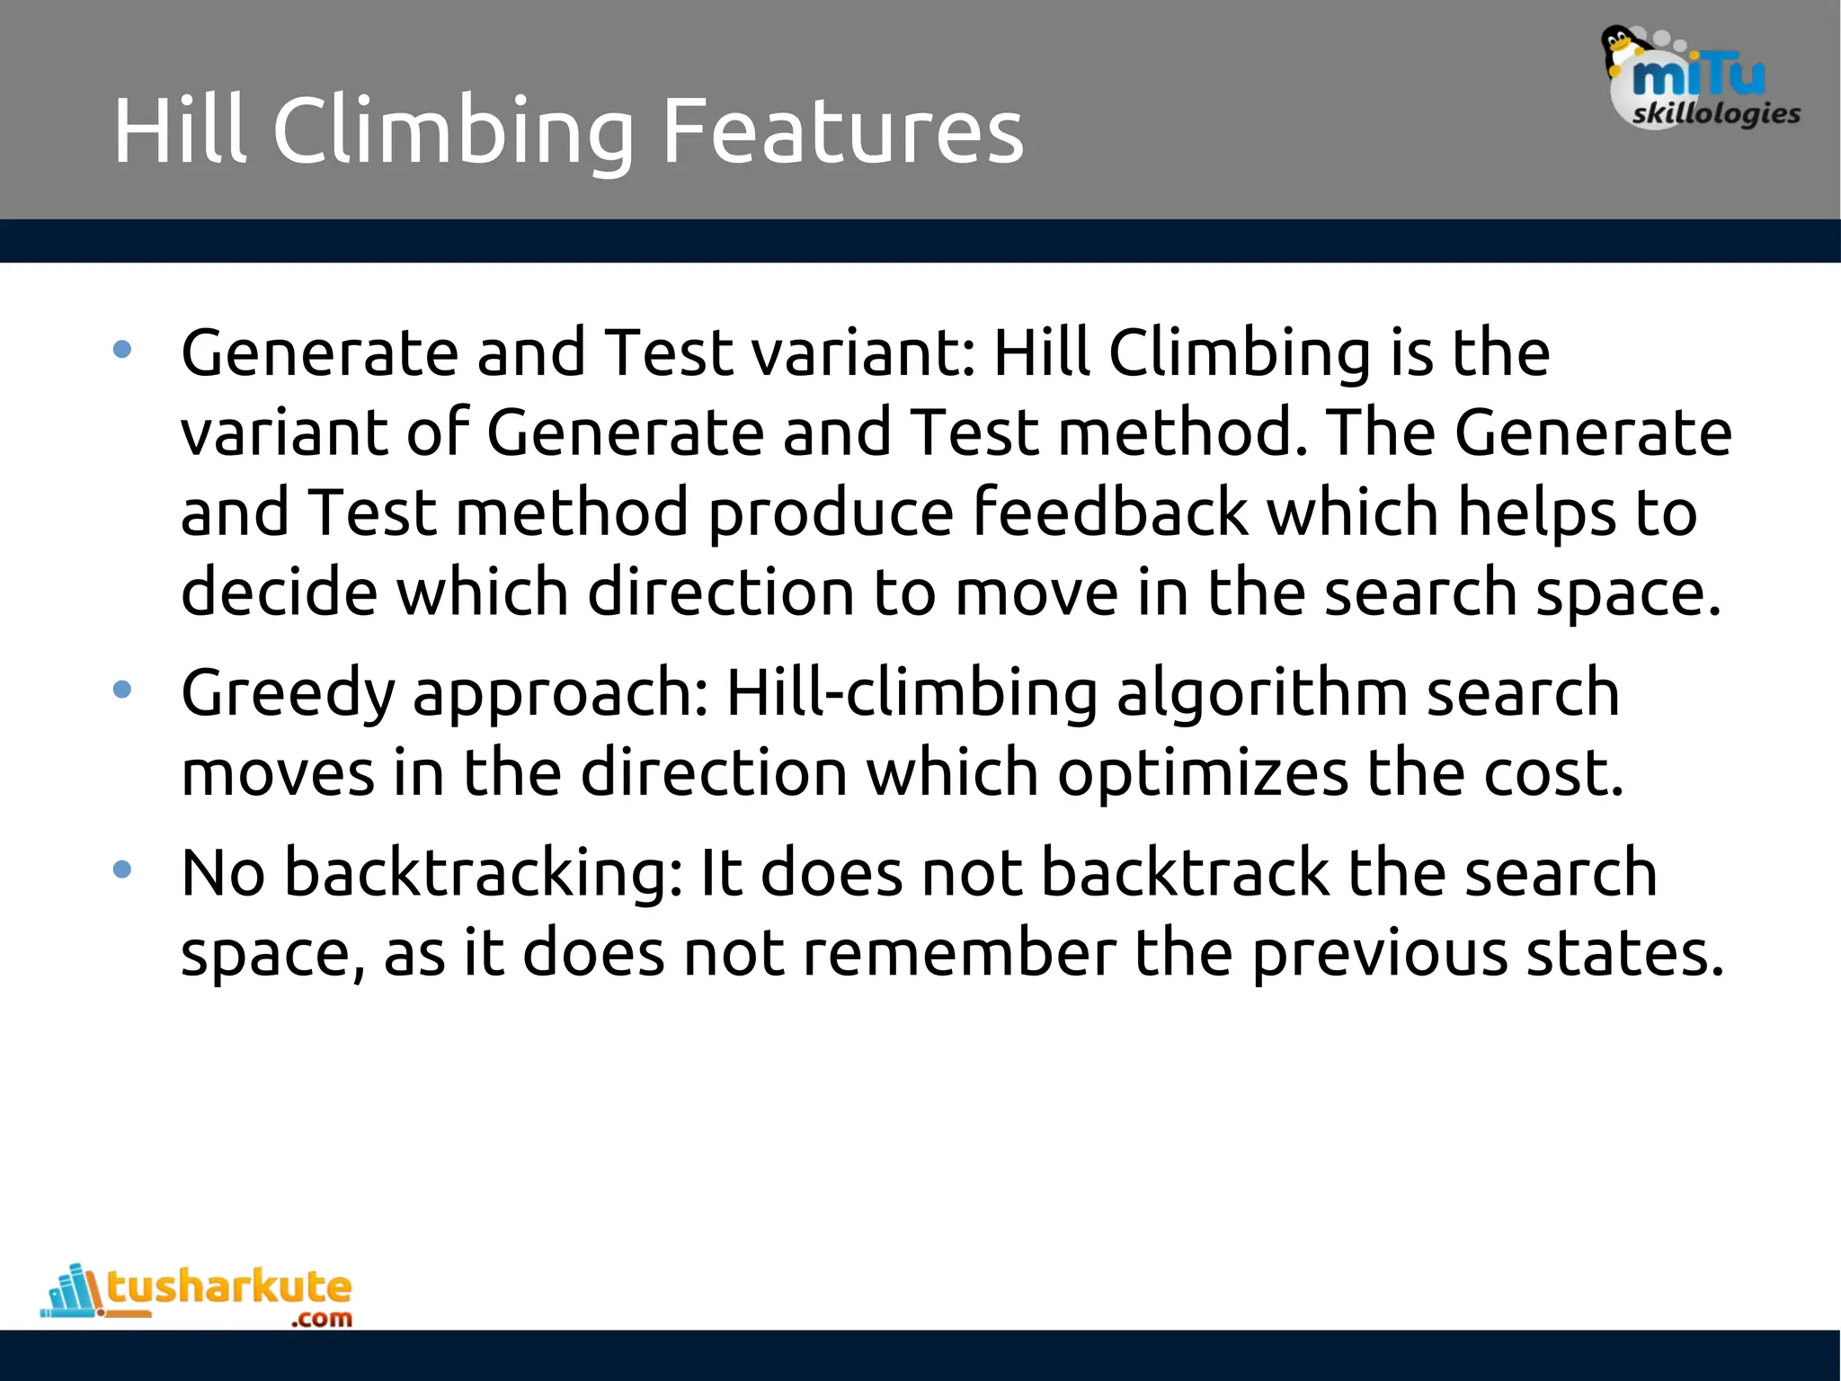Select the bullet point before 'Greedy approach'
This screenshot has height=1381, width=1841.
point(123,690)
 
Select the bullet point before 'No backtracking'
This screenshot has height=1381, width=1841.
point(123,869)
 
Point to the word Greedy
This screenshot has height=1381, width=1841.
point(288,694)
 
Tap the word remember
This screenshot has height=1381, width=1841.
point(959,953)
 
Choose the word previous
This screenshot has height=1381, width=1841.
point(1380,953)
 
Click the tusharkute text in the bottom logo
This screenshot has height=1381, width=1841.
point(229,1287)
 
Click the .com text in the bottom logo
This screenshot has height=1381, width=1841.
point(322,1319)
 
